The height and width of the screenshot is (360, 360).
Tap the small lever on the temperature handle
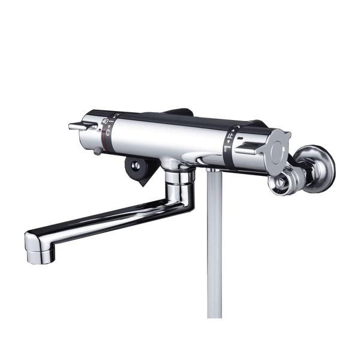point(77,126)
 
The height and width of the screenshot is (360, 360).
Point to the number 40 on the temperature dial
point(105,122)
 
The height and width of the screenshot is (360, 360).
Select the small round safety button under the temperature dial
point(96,152)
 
